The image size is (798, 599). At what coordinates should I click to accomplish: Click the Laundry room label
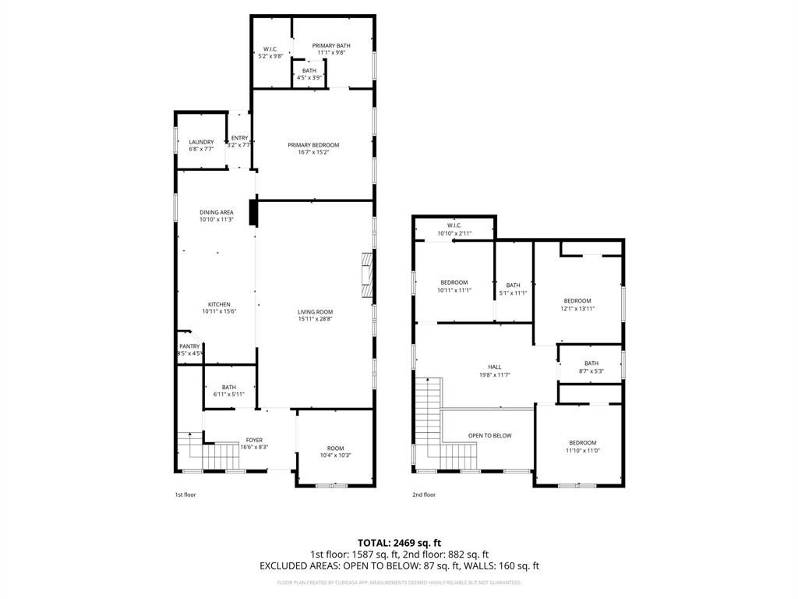[201, 142]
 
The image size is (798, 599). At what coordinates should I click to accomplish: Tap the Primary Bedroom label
[313, 145]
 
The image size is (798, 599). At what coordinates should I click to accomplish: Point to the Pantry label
[189, 346]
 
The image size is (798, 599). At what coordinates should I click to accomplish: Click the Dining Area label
[216, 212]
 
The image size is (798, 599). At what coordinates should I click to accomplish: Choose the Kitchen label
[218, 304]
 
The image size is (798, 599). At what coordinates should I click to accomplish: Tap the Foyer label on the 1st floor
[254, 440]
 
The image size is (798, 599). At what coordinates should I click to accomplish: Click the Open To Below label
[489, 435]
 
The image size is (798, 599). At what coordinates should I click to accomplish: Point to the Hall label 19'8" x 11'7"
[495, 367]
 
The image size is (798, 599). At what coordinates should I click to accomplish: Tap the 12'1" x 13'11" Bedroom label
[577, 301]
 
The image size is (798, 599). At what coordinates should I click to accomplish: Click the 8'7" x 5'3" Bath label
[591, 363]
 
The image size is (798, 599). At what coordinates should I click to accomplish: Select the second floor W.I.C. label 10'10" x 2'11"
[454, 226]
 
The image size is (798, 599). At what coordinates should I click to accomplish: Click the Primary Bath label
[331, 46]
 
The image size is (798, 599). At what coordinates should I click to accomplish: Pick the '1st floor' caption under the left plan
[185, 494]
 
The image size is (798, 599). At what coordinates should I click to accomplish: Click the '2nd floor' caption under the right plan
[424, 494]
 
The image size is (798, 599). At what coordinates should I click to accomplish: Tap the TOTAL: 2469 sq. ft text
[399, 543]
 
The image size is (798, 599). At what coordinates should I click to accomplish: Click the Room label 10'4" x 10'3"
[335, 448]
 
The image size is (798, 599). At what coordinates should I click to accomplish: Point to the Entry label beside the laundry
[239, 138]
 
